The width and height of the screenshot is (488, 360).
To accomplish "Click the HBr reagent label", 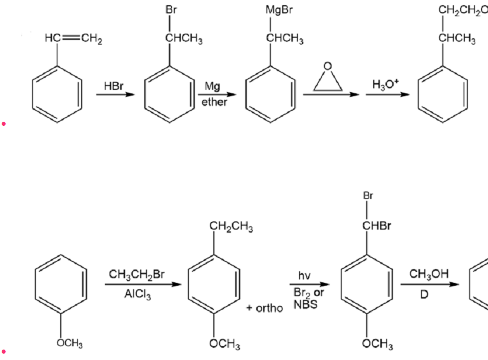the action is (113, 86).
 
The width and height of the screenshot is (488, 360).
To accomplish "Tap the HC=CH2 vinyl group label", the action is (74, 39).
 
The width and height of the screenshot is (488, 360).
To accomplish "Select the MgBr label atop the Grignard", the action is (279, 10).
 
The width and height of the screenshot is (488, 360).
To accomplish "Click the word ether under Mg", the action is (214, 102).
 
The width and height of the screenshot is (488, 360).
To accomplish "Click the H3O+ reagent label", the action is (385, 85).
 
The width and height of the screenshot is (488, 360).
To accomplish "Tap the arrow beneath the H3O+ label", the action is (388, 94).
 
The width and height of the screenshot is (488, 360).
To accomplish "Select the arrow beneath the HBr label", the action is (115, 94).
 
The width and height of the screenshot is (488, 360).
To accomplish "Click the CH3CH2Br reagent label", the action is (136, 275).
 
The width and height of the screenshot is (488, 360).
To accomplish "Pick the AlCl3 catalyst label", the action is (137, 294).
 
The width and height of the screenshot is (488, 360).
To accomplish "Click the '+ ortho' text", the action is (264, 308).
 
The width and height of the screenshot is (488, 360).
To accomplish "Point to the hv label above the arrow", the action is (304, 275).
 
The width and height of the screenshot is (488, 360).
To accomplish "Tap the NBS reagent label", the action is (305, 304).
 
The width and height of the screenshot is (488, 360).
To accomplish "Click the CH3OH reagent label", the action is (429, 274).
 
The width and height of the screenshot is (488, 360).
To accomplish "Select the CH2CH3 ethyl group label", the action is (231, 227).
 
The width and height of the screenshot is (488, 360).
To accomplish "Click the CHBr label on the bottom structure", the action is (376, 226).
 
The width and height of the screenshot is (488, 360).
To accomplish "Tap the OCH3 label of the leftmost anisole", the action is (70, 343).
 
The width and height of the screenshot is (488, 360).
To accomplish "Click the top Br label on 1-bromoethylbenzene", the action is (171, 10).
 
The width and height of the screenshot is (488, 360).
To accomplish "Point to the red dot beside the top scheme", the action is (3, 124).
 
